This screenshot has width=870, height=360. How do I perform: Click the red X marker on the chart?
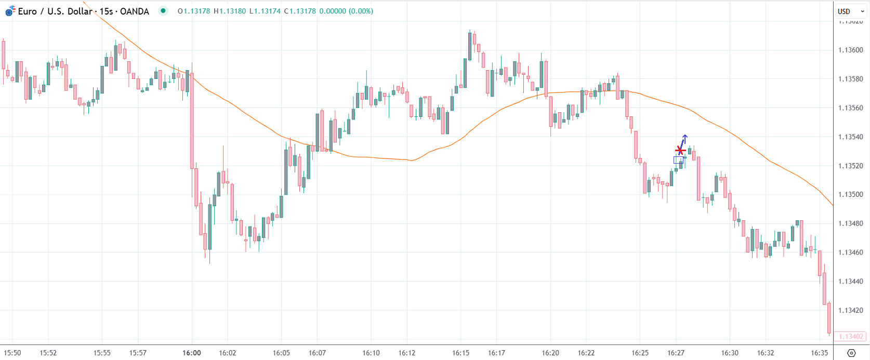point(680,151)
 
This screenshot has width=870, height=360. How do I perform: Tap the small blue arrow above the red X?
point(684,138)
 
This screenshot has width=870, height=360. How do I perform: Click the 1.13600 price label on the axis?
point(851,50)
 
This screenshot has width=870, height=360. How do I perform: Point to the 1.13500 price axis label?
point(851,195)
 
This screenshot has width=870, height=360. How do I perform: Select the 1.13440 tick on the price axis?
point(851,282)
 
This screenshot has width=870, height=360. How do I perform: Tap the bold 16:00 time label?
point(192,353)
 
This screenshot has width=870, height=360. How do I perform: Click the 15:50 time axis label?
point(12,353)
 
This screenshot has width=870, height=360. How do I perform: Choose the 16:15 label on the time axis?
point(460,353)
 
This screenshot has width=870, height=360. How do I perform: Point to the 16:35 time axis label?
point(820,353)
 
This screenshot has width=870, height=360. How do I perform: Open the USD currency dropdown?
point(850,11)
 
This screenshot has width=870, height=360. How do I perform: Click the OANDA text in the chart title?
point(134,11)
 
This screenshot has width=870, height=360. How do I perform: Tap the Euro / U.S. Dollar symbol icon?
point(10,11)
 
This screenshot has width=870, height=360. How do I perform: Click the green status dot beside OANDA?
point(163,11)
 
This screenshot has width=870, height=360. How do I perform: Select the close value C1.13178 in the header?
point(300,11)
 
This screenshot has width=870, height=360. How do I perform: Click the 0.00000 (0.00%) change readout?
point(346,11)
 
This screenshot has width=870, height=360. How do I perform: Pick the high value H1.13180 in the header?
point(229,11)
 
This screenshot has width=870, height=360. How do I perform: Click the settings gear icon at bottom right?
point(851,353)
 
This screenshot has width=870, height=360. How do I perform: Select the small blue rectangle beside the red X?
point(678,160)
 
